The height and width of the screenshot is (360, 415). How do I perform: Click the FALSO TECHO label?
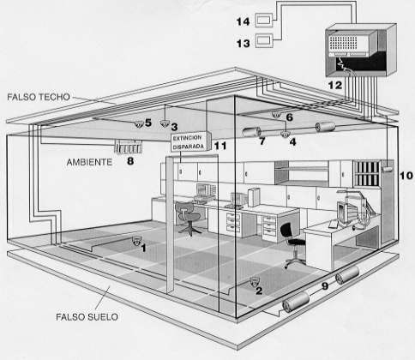pos(39,97)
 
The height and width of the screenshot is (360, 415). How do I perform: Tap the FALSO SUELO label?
pos(87,317)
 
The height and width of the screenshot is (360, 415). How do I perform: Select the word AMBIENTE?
pos(89,162)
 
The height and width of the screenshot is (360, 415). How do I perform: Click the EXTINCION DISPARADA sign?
pos(189,142)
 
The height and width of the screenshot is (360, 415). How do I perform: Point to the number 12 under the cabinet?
pos(335,85)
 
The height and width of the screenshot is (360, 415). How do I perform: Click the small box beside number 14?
pos(264,21)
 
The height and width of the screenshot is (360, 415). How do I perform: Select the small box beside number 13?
pos(264,40)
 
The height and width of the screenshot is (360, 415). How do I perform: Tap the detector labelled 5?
pos(139,124)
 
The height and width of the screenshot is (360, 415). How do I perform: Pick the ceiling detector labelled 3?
pos(165,123)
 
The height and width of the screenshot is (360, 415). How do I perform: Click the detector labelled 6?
pos(276,115)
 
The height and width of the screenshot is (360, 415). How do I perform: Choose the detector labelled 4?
pos(285,134)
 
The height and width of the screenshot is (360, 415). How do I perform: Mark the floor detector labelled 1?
pos(137,241)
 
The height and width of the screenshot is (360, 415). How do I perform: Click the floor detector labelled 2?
pos(255,281)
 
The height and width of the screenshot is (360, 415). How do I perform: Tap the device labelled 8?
pos(128,147)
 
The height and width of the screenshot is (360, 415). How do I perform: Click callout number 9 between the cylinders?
pos(325,286)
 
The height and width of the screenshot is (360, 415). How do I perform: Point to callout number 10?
pos(406,175)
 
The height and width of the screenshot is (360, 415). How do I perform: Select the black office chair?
pos(292,245)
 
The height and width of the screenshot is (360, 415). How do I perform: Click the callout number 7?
pos(262,141)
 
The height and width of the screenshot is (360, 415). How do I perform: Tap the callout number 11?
pos(220,146)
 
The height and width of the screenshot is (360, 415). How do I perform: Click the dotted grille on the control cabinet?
pos(343,43)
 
